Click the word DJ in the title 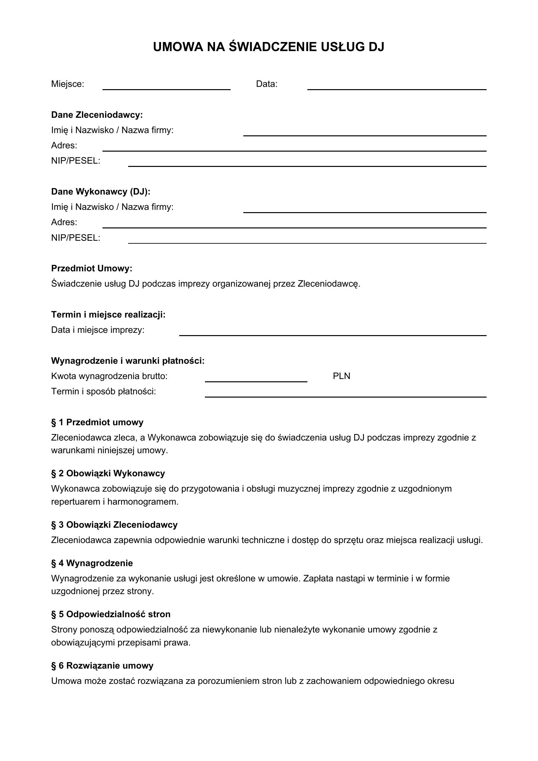(376, 47)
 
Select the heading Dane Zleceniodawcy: (97, 115)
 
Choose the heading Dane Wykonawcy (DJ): (101, 192)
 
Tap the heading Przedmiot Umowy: (91, 268)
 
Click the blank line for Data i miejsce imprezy (333, 335)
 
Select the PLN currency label (341, 376)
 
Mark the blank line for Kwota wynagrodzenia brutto (256, 381)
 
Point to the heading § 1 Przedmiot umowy (97, 422)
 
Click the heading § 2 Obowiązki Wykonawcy (108, 473)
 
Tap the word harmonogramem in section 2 (143, 502)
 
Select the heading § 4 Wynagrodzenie (92, 563)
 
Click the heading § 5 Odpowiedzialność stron (111, 614)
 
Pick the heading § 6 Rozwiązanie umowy (102, 666)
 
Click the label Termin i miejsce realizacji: (108, 315)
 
